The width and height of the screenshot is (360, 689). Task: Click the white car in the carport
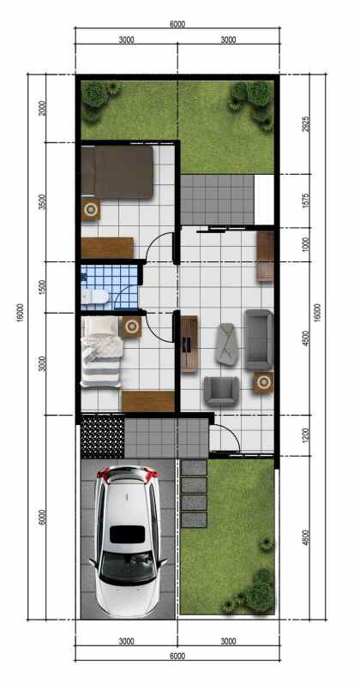pyautogui.click(x=129, y=541)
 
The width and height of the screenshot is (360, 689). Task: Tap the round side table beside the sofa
pyautogui.click(x=261, y=381)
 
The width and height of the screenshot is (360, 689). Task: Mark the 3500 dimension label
pyautogui.click(x=43, y=203)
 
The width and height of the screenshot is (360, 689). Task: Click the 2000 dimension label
pyautogui.click(x=43, y=107)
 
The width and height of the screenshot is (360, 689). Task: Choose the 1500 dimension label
pyautogui.click(x=43, y=288)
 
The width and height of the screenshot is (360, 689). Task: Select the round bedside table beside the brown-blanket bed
pyautogui.click(x=90, y=208)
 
